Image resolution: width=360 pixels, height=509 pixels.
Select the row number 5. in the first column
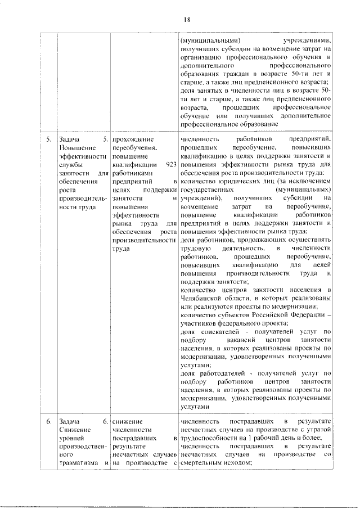pyautogui.click(x=49, y=138)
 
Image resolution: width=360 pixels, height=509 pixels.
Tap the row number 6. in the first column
pyautogui.click(x=49, y=421)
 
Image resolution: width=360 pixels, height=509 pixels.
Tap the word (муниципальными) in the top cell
pyautogui.click(x=210, y=40)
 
